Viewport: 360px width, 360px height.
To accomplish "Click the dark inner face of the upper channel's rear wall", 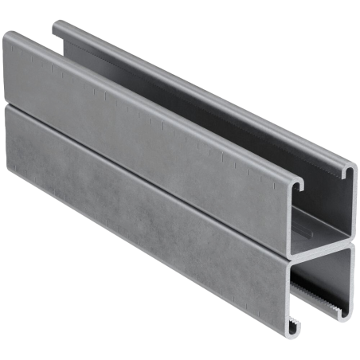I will [x=239, y=119].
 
